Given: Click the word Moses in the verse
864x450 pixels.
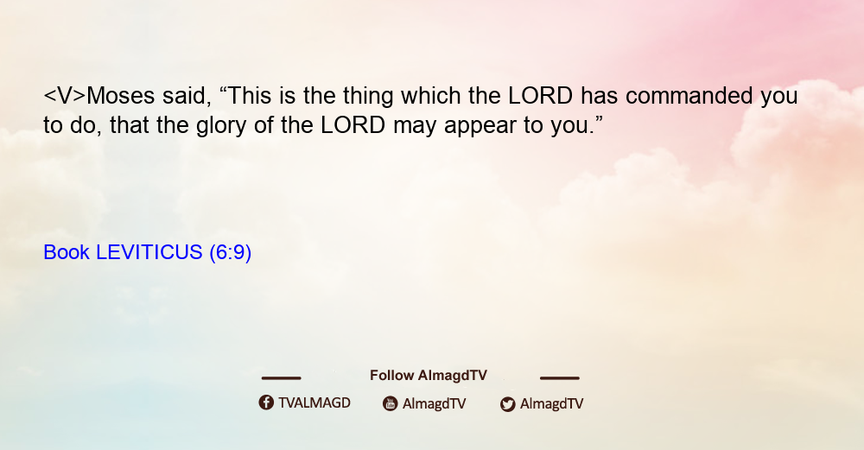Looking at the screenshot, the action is [x=121, y=96].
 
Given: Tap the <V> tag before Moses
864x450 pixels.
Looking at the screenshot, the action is [x=65, y=96].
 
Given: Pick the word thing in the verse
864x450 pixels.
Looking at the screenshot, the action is [x=368, y=97].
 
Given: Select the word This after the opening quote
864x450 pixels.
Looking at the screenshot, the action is [x=245, y=96].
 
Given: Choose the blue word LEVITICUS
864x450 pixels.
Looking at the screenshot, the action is [x=149, y=252].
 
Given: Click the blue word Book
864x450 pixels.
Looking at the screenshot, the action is [x=67, y=252].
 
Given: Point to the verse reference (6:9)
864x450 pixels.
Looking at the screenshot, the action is [x=231, y=252].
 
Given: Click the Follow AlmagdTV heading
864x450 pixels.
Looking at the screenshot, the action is [x=429, y=375].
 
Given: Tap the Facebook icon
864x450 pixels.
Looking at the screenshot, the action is [x=266, y=402].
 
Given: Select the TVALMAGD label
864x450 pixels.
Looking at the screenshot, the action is [x=314, y=402].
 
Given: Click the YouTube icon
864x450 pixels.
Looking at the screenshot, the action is [x=391, y=403].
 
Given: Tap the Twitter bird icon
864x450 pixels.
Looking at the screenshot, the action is [x=507, y=404].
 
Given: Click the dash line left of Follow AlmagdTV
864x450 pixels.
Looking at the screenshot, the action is [x=281, y=378].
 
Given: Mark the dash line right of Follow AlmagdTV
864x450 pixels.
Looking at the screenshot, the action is [x=559, y=378].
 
